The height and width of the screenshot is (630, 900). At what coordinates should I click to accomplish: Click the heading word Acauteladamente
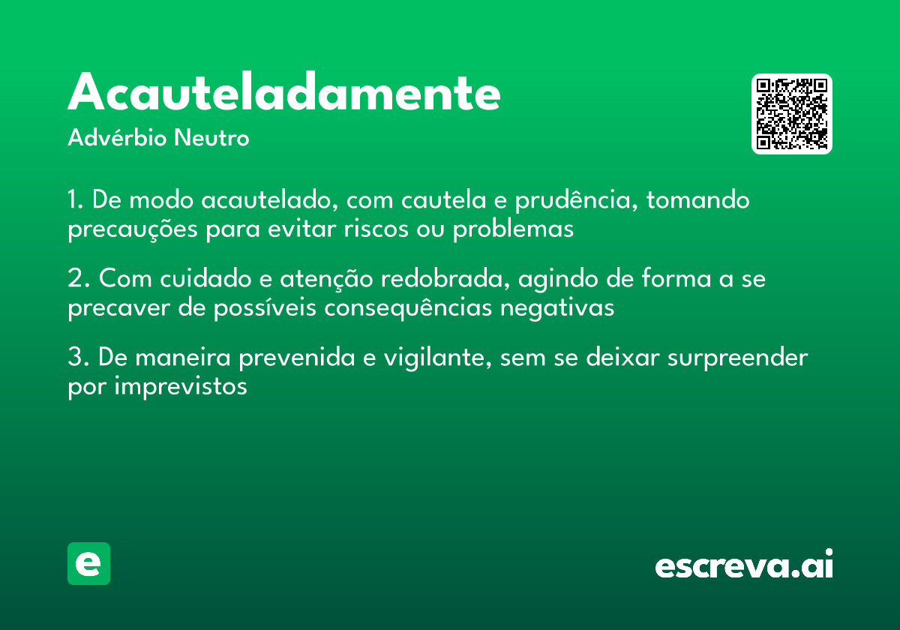click(284, 93)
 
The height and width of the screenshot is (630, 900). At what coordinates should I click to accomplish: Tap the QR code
click(792, 114)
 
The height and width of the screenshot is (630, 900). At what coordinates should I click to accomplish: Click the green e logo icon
click(88, 563)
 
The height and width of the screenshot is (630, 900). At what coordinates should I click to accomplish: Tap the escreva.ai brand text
click(744, 565)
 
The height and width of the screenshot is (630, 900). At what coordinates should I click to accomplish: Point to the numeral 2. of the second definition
click(78, 279)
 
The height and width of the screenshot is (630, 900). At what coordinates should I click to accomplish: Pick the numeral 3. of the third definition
click(78, 357)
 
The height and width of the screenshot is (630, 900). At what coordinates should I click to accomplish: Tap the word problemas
click(513, 229)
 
